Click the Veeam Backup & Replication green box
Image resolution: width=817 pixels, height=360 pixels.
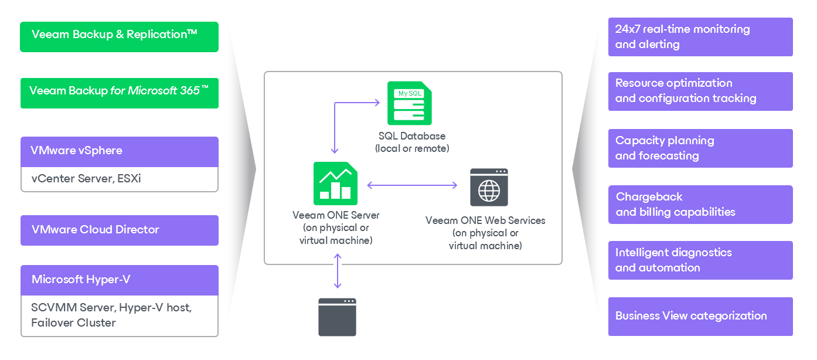tap(119, 37)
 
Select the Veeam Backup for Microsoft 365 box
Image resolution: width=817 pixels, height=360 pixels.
tap(119, 93)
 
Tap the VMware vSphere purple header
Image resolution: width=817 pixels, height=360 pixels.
tap(119, 151)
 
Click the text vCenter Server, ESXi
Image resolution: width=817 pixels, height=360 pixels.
tap(86, 179)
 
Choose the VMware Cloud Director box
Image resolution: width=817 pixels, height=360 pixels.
tap(119, 230)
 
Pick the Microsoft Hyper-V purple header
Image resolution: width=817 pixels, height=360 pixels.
tap(119, 280)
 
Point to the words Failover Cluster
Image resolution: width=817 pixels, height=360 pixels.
tap(73, 323)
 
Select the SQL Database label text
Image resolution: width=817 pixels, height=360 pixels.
tap(412, 137)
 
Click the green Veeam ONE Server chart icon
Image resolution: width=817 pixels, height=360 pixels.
tap(335, 181)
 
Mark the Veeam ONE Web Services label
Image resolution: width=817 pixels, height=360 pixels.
tap(485, 220)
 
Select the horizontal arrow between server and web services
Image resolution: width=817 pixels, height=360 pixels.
tap(412, 185)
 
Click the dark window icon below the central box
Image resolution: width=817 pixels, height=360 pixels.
tap(337, 317)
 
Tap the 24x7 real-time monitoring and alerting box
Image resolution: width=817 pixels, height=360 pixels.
tap(700, 37)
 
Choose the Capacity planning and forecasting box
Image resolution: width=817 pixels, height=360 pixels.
tap(700, 148)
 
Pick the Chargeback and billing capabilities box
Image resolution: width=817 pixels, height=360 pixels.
tap(700, 205)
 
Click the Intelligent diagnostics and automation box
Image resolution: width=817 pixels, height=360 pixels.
tap(700, 260)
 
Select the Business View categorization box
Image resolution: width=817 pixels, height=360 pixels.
tap(700, 316)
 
